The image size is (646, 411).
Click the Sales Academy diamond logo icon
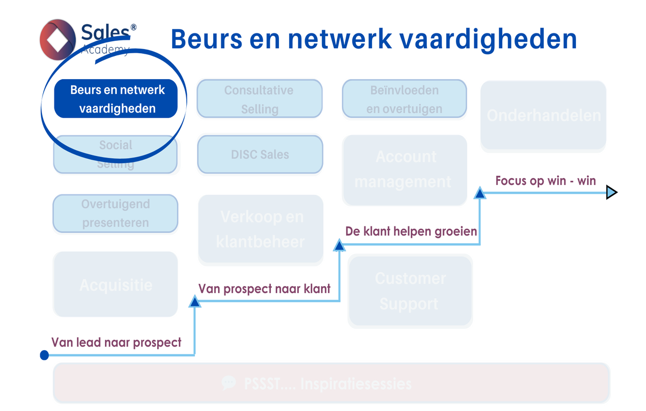coord(58,39)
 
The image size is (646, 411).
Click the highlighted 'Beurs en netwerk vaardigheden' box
coord(116,99)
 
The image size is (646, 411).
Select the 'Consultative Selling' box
coord(259,99)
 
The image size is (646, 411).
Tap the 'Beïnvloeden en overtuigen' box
coord(404,99)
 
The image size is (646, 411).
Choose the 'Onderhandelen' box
coord(543,115)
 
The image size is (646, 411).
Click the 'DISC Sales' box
coord(260,154)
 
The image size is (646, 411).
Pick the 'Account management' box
coord(404,169)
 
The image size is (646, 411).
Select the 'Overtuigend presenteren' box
coord(115,213)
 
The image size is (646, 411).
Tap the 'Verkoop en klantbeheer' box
coord(261,230)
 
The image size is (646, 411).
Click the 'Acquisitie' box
coord(115,284)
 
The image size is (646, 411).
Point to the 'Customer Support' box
coord(410,291)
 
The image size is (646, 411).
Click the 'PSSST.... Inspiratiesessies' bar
coord(331,384)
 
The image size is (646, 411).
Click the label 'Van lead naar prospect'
coord(116,342)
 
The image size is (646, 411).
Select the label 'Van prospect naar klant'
coord(264,289)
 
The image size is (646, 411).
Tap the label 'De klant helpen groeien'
coord(411,231)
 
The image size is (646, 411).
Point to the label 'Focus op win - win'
coord(545,181)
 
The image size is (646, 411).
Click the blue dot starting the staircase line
coord(45,355)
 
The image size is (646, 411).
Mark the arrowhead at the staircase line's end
coord(612,192)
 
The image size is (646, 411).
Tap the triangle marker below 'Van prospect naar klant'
coord(195,301)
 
